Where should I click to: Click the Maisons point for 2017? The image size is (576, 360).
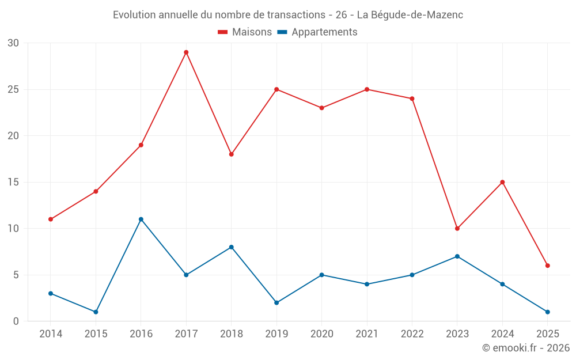(186, 52)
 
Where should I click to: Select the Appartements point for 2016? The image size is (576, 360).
(141, 219)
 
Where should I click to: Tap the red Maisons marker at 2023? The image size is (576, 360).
(457, 229)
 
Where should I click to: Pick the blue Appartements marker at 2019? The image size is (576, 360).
(276, 302)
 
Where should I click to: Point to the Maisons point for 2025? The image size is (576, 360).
(548, 266)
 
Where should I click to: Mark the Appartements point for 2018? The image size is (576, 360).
(232, 247)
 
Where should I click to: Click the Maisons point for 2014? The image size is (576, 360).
(51, 219)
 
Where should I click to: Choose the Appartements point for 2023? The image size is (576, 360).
(457, 256)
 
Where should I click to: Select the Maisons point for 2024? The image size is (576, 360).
(502, 182)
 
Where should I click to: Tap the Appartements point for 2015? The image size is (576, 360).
(96, 312)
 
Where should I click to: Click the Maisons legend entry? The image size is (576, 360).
(245, 32)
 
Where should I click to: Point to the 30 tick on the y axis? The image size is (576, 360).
(13, 43)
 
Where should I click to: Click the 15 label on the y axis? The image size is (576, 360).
(13, 182)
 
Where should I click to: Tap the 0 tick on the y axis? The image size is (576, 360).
(16, 321)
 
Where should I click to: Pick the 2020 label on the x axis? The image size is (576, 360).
(321, 334)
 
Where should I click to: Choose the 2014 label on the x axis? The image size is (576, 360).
(51, 334)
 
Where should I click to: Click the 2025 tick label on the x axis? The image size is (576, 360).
(548, 334)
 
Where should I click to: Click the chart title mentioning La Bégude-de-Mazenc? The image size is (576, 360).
(288, 15)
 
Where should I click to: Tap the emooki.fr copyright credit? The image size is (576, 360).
(525, 348)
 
